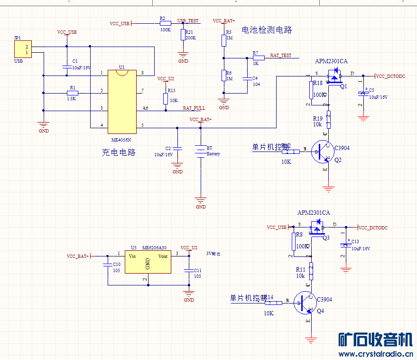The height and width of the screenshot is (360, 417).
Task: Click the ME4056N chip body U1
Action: pyautogui.click(x=122, y=101)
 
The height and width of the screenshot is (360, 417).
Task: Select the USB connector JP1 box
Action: pyautogui.click(x=23, y=49)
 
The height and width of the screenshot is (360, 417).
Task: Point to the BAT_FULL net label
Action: pyautogui.click(x=194, y=108)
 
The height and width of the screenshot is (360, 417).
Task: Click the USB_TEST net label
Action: pyautogui.click(x=188, y=21)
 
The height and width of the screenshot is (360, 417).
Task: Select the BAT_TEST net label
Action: pyautogui.click(x=281, y=56)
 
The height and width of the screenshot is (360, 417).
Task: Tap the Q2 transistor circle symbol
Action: pyautogui.click(x=324, y=152)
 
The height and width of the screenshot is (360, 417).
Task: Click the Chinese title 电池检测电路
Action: pyautogui.click(x=267, y=30)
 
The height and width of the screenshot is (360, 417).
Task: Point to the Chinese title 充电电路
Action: pyautogui.click(x=119, y=152)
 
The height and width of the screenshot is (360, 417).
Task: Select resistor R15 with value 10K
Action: pyautogui.click(x=166, y=98)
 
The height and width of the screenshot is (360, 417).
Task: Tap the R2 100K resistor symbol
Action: pyautogui.click(x=165, y=23)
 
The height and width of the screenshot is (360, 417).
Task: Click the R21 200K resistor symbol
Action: pyautogui.click(x=183, y=35)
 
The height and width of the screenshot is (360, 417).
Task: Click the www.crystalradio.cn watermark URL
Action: pyautogui.click(x=375, y=354)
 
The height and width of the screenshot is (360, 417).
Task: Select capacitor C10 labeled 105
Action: pyautogui.click(x=108, y=265)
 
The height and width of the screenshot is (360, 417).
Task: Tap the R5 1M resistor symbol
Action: pyautogui.click(x=224, y=40)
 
